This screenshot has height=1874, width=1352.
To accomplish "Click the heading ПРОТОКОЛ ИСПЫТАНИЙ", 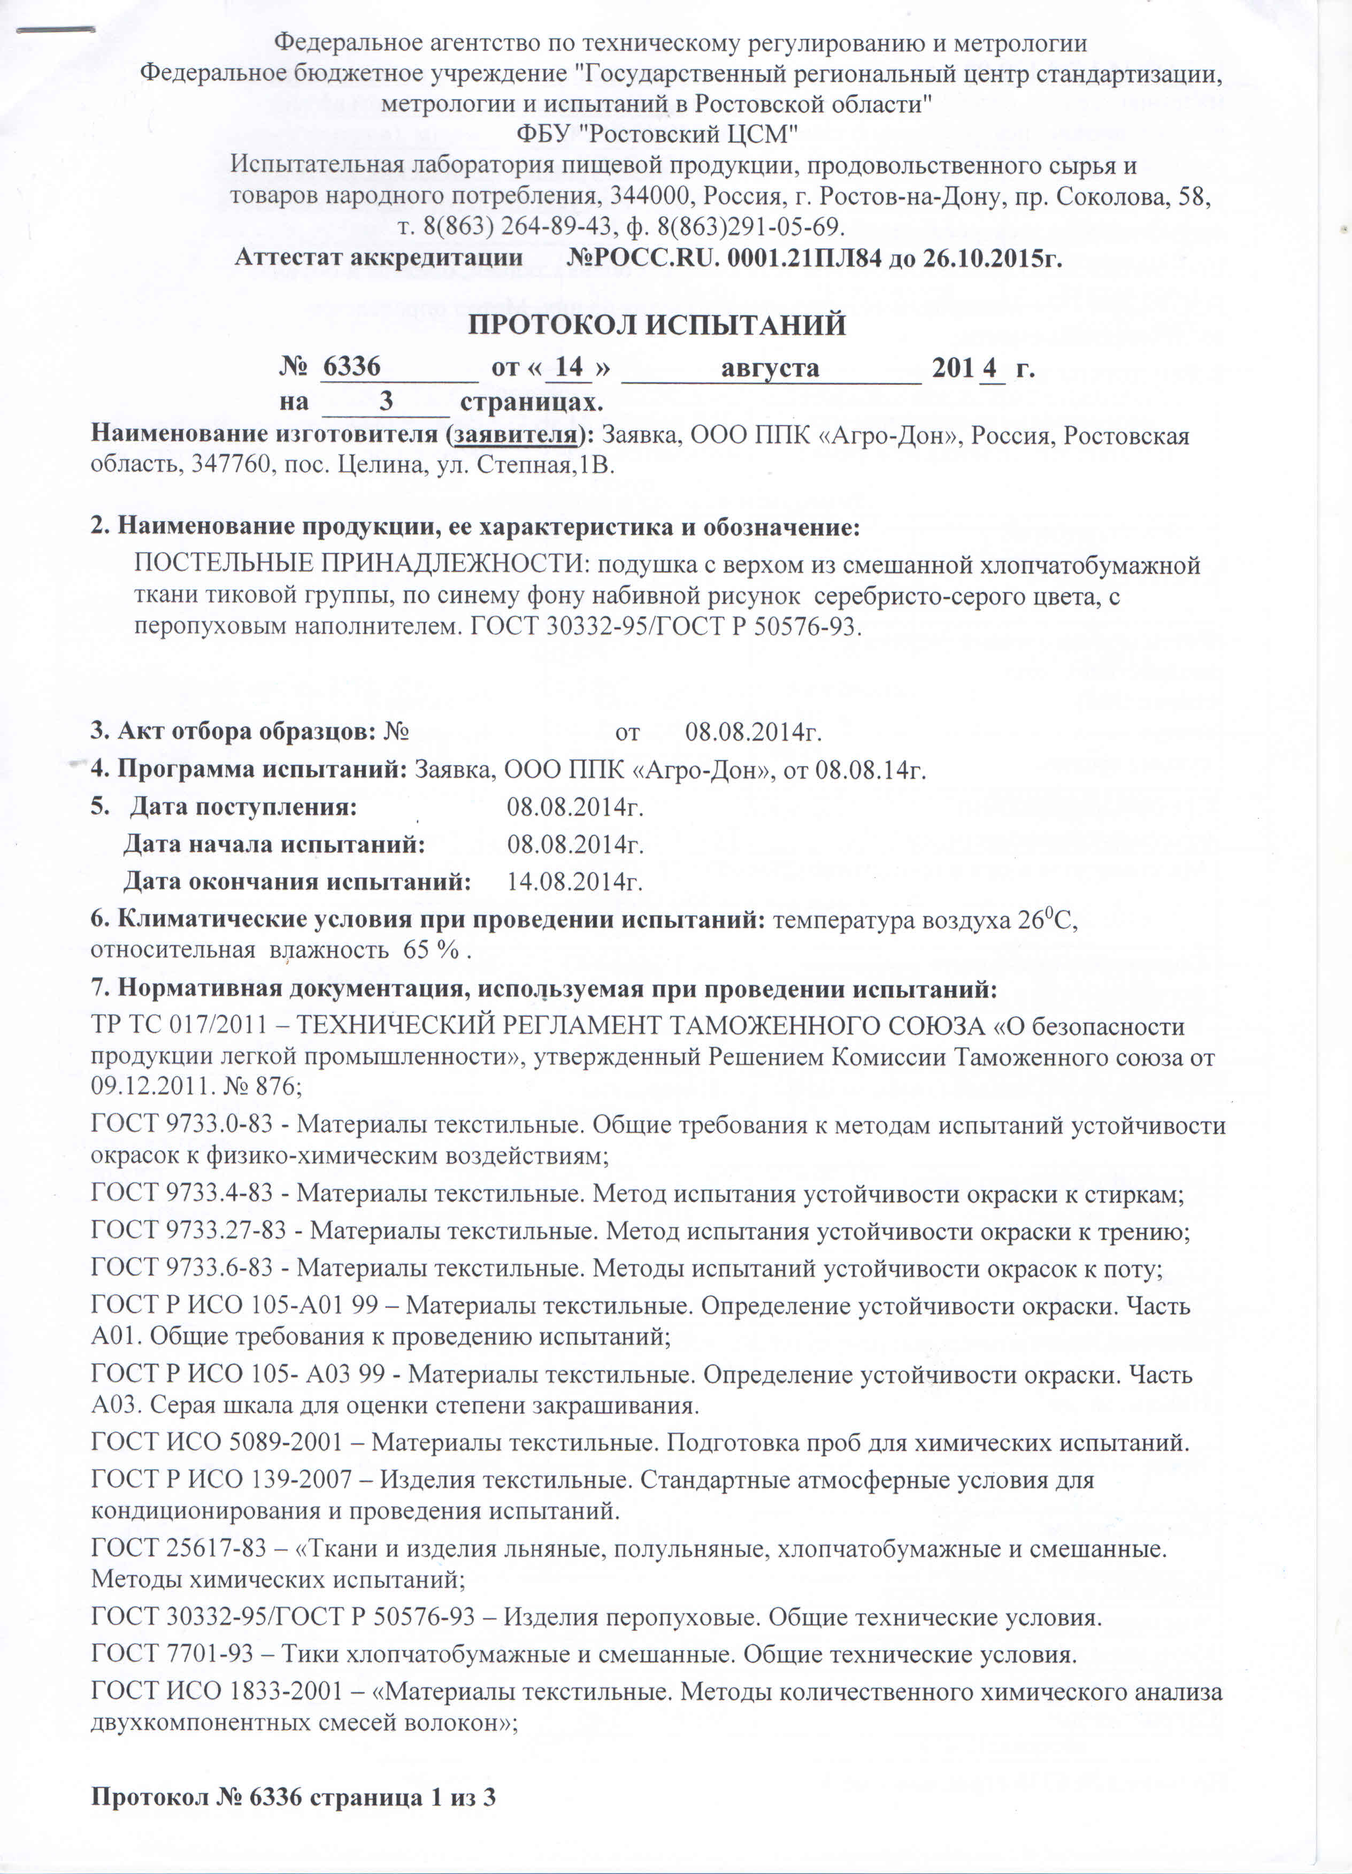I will click(657, 325).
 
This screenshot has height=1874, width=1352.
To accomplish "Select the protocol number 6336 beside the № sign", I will click(351, 366).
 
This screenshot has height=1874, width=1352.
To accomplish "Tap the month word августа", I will click(770, 368).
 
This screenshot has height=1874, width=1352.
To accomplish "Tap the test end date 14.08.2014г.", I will click(575, 881).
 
